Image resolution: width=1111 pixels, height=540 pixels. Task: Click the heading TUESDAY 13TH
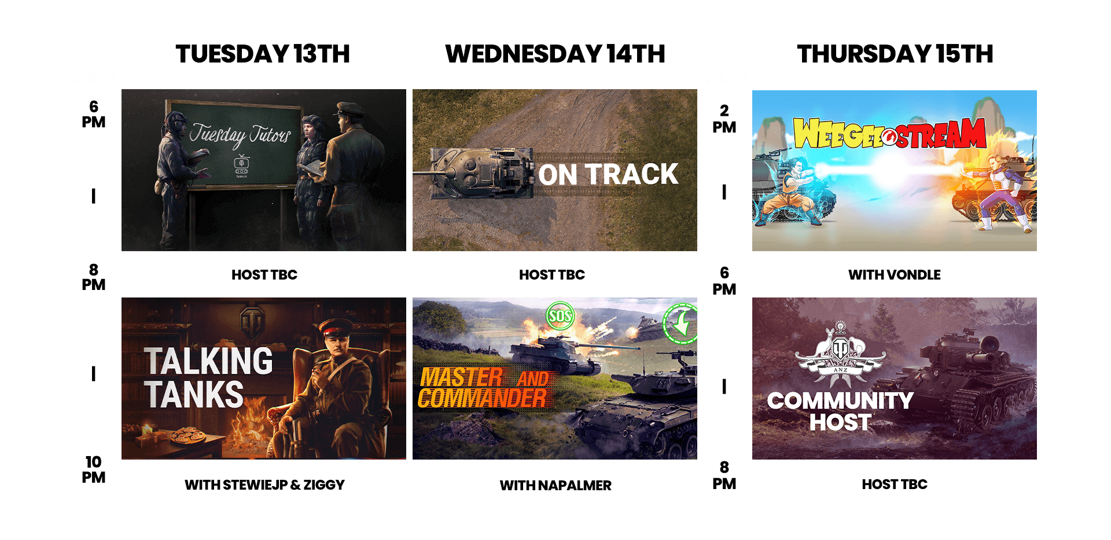point(263,54)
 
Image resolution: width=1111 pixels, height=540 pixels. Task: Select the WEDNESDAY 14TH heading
point(555,54)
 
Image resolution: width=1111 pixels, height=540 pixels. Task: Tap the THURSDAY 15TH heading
point(895,54)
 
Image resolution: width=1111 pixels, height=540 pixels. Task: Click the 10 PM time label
point(93,469)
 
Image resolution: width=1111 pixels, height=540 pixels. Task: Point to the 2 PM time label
point(724,119)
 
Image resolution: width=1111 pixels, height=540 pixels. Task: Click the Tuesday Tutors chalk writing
point(240,135)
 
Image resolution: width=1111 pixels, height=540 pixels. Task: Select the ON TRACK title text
point(608,174)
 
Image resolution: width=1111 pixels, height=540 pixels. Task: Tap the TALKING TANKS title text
point(208,377)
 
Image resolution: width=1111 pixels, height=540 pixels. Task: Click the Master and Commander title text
point(484,388)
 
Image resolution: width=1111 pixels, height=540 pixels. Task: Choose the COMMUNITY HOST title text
point(840,411)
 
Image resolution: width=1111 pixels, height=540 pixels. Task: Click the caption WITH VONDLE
point(895,275)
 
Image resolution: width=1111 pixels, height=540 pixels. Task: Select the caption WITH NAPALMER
point(555,486)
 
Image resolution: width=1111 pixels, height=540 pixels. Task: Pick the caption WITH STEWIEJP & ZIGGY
point(264,485)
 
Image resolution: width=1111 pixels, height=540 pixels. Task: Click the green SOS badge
point(560,315)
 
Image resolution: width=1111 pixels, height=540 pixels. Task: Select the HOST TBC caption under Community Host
point(895,484)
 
